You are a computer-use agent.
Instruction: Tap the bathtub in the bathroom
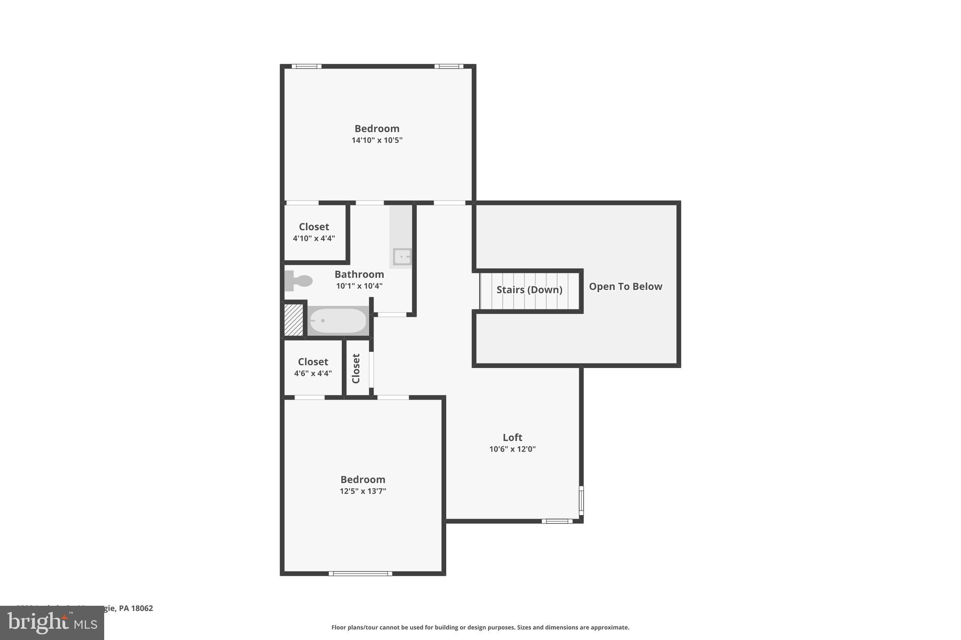tap(338, 321)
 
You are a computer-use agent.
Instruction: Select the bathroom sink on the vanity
tap(402, 257)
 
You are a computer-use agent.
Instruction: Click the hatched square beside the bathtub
tap(294, 320)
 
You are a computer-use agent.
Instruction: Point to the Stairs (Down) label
tap(529, 290)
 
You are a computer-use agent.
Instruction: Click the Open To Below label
tap(625, 286)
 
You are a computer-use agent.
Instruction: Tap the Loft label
tap(512, 437)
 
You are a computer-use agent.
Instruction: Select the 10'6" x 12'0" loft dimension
tap(512, 449)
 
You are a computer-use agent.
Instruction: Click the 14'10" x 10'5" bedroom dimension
tap(377, 140)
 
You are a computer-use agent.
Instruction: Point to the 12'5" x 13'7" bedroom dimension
tap(363, 491)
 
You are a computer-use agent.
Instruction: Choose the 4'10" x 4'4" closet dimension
tap(314, 238)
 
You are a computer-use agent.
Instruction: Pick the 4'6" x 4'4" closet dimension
tap(313, 374)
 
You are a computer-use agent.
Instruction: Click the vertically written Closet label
tap(356, 369)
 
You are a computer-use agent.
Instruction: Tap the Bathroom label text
tap(359, 274)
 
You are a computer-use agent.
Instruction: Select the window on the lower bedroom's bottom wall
tap(360, 573)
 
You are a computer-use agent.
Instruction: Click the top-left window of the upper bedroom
tap(306, 67)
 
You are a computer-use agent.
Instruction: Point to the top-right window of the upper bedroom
tap(449, 67)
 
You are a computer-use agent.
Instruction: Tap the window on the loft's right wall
tap(581, 501)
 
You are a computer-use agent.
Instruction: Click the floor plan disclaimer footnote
tap(480, 627)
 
